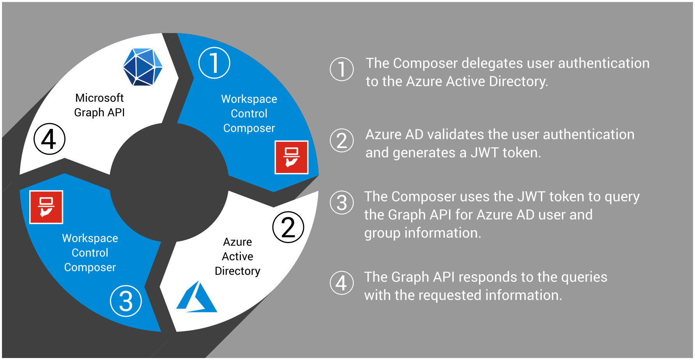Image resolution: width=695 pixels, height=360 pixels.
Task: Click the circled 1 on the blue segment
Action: click(x=214, y=63)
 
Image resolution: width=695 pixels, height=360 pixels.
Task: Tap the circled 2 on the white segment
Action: click(x=288, y=227)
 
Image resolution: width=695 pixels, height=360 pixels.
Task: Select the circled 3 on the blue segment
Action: click(x=126, y=301)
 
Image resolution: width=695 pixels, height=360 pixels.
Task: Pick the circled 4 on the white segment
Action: click(x=50, y=139)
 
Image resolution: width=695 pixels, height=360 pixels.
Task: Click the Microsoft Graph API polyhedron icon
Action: click(x=143, y=67)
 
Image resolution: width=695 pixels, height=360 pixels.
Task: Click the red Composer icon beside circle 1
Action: click(x=292, y=157)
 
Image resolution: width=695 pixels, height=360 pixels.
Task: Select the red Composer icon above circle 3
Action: click(x=46, y=207)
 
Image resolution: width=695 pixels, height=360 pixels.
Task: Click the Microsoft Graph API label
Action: click(x=99, y=105)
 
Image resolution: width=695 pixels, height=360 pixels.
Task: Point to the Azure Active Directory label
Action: click(x=237, y=256)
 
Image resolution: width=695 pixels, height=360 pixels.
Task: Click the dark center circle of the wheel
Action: click(x=169, y=182)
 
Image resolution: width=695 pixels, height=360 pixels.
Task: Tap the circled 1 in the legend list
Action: click(x=342, y=69)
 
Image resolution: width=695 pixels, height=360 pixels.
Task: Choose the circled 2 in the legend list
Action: click(x=342, y=141)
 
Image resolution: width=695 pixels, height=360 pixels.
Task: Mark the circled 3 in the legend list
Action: click(x=342, y=203)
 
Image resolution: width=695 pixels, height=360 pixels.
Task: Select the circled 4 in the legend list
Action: click(x=342, y=283)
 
